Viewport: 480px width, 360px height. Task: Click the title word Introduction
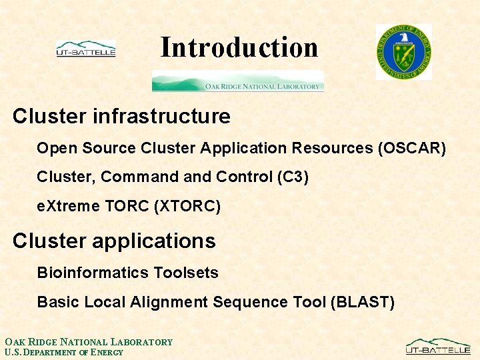(239, 47)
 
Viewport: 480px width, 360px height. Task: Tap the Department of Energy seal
(404, 52)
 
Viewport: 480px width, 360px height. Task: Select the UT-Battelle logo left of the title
(86, 49)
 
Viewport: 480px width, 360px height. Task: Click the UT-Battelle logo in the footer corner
(438, 346)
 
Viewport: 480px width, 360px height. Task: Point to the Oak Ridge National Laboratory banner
(238, 81)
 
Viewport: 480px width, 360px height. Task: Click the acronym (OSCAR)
(412, 148)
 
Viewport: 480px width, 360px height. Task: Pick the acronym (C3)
(293, 177)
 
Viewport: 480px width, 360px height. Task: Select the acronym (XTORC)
(187, 206)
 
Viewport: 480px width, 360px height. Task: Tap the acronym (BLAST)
(363, 302)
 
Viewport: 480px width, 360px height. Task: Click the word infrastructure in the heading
(161, 116)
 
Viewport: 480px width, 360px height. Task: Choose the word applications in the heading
(154, 241)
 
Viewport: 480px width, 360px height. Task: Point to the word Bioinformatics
(93, 272)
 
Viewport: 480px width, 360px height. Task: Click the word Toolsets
(186, 272)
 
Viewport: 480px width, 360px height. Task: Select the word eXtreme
(68, 206)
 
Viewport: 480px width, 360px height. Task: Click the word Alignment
(169, 302)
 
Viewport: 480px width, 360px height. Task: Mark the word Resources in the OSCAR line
(332, 148)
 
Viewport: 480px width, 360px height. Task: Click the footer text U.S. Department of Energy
(64, 353)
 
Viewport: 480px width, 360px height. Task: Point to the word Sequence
(251, 302)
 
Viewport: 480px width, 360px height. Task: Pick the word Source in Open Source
(109, 148)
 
